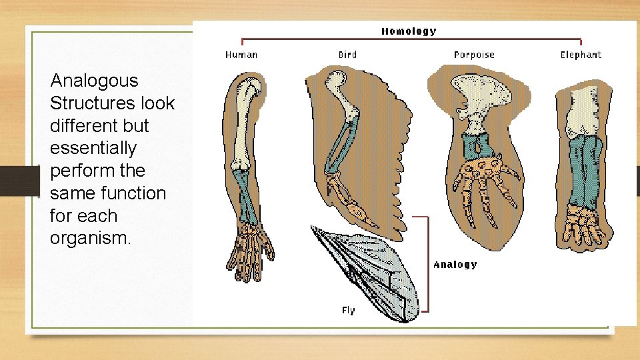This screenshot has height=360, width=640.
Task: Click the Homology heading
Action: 409,31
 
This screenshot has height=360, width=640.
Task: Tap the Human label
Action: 241,55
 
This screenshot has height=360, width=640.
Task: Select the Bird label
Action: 347,55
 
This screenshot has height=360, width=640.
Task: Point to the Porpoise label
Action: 474,55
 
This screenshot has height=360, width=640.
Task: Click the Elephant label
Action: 581,55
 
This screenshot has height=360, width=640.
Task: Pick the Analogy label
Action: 455,265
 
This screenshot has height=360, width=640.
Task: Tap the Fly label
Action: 349,310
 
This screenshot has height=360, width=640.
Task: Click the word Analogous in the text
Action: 95,81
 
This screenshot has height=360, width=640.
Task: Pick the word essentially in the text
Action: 93,148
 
